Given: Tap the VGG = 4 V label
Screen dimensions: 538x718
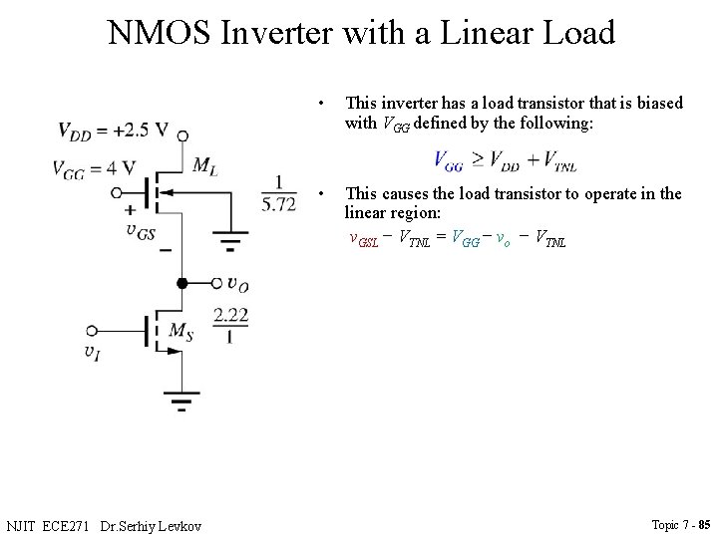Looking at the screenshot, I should (x=94, y=167).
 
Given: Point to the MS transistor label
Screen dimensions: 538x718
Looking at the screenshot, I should (x=180, y=331).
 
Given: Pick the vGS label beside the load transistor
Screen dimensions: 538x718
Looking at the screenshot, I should (x=142, y=230).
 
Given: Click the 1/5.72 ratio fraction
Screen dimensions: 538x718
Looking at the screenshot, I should (x=278, y=193).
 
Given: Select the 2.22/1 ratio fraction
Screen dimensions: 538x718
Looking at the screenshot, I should (x=230, y=326).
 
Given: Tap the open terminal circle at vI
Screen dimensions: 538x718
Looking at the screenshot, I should (x=92, y=330).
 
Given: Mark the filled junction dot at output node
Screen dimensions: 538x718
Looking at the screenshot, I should (x=182, y=284).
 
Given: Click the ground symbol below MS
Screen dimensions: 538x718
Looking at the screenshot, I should (x=182, y=404).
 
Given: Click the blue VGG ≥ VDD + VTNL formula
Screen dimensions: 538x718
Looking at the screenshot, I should (x=506, y=160).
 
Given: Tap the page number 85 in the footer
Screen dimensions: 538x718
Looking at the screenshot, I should (x=704, y=525).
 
